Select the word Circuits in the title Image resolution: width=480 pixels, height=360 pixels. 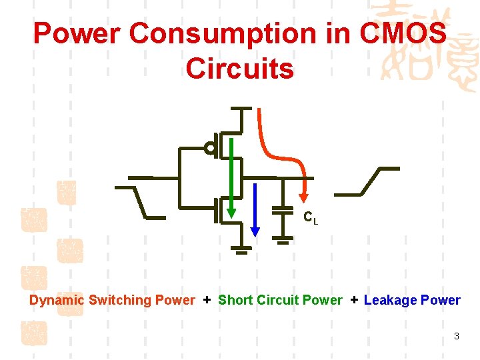(x=240, y=68)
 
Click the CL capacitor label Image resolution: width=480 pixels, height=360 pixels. (x=311, y=217)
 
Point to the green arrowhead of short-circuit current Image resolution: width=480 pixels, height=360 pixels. (x=231, y=212)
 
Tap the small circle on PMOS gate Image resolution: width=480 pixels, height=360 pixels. (x=209, y=149)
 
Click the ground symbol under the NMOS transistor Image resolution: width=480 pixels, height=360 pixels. (x=242, y=251)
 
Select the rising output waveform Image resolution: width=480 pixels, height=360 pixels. (x=367, y=181)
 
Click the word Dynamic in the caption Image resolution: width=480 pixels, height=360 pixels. (x=57, y=300)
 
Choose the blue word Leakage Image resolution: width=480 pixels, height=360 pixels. (x=390, y=300)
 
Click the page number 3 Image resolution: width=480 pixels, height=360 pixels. (x=456, y=336)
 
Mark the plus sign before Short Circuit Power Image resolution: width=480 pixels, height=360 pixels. (x=207, y=300)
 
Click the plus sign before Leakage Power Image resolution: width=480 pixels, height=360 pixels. (x=354, y=300)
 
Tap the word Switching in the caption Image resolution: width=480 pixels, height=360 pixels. (x=120, y=300)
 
